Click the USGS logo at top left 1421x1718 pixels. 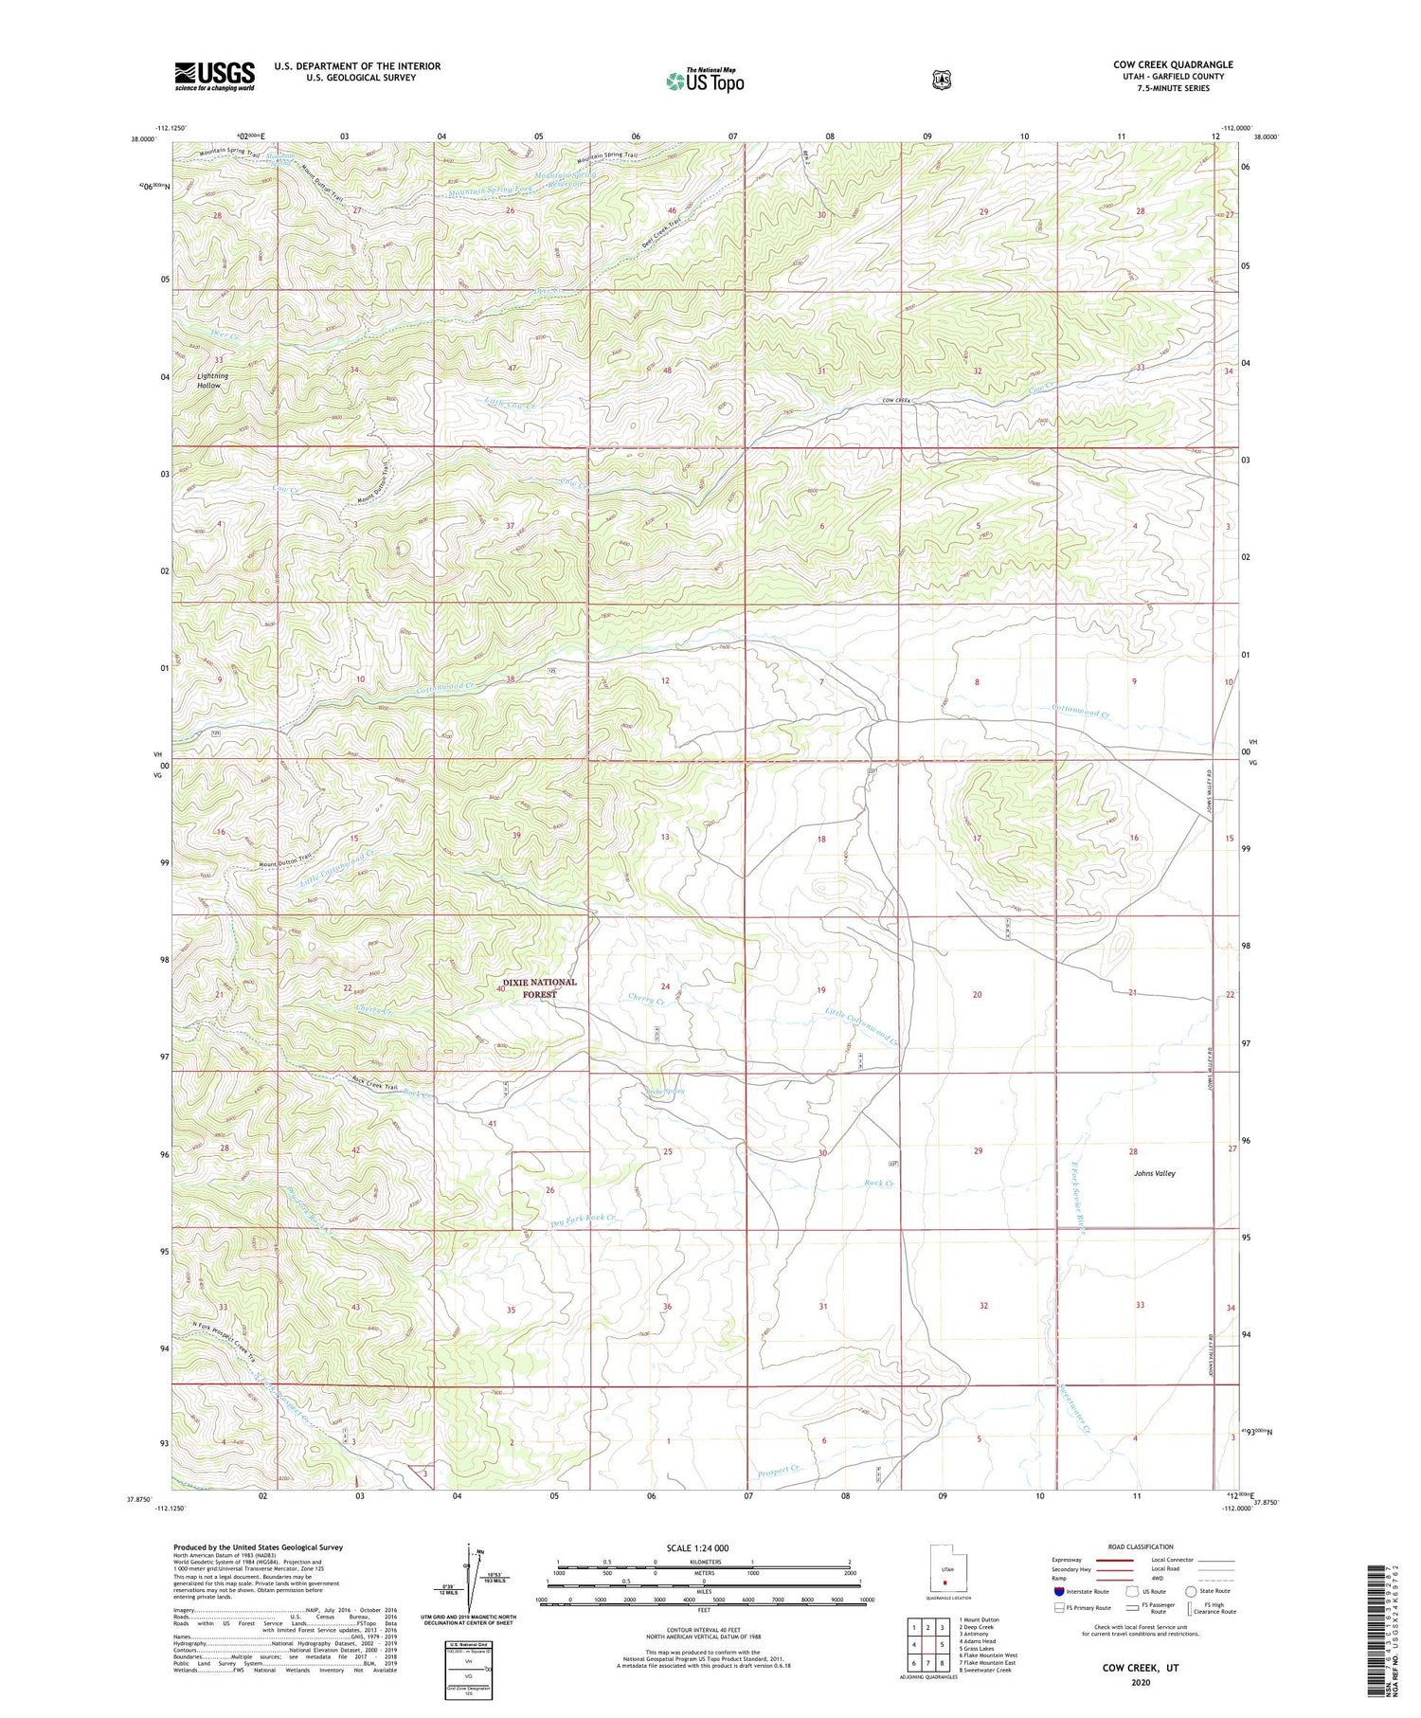pos(214,76)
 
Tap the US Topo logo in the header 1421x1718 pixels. pos(705,81)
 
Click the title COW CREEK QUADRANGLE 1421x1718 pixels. pos(1173,64)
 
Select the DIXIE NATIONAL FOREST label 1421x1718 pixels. pos(539,988)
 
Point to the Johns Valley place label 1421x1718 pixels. pos(1154,1173)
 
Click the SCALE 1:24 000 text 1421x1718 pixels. pos(703,1547)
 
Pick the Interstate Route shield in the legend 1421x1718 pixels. pos(1059,1591)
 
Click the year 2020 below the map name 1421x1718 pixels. pos(1140,1683)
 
